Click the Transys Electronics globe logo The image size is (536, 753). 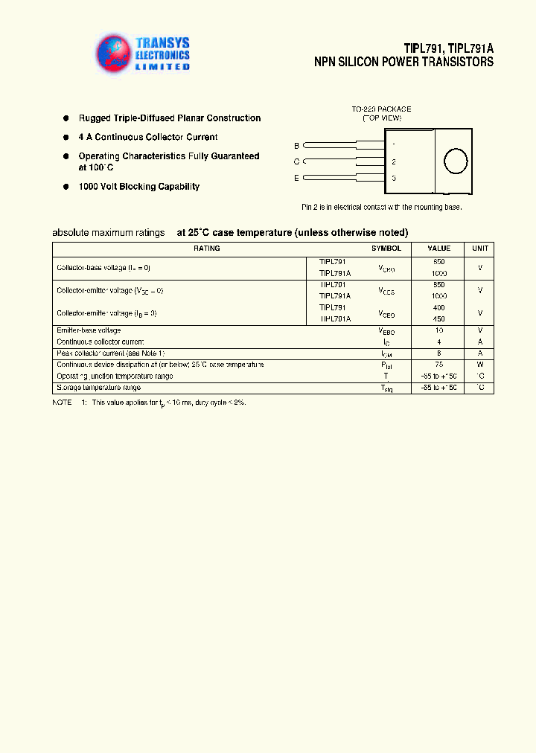[x=114, y=54]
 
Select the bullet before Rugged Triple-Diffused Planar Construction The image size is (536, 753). [x=66, y=118]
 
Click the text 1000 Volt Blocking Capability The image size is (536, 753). [x=138, y=187]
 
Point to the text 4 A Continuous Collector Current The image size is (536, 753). [x=147, y=137]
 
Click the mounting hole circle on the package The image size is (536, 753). [x=455, y=161]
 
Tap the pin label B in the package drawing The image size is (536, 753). [x=296, y=146]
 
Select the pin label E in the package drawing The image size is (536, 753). [x=296, y=178]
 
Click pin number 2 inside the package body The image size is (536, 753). [x=393, y=161]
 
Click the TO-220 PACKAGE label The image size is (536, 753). [x=381, y=109]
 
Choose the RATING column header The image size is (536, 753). [x=206, y=249]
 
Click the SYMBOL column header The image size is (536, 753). [x=386, y=249]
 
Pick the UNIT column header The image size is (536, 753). [x=480, y=249]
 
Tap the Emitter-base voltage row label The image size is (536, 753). [x=89, y=330]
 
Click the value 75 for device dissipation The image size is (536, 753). [x=438, y=365]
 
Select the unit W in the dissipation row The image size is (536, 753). [x=480, y=365]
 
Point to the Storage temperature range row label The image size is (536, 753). [x=98, y=388]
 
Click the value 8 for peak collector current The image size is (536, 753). [x=438, y=353]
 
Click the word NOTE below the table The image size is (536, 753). [x=61, y=402]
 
